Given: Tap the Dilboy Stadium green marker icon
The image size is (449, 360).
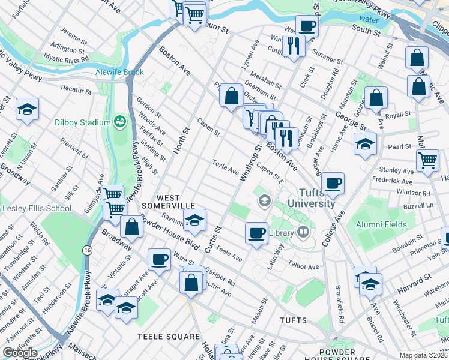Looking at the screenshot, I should pos(120,122).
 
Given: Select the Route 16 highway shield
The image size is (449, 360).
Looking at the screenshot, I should pos(88,250).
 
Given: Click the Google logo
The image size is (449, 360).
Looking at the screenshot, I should pos(20,353).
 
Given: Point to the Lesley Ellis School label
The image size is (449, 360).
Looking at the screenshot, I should pos(37,209).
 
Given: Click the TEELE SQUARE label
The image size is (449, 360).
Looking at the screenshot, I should pos(168,337).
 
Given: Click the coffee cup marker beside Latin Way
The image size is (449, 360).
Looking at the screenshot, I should pos(256,232).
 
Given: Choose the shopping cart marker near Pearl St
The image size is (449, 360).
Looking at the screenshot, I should pos(427,160).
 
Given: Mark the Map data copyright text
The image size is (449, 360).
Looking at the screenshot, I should pos(423,355).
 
